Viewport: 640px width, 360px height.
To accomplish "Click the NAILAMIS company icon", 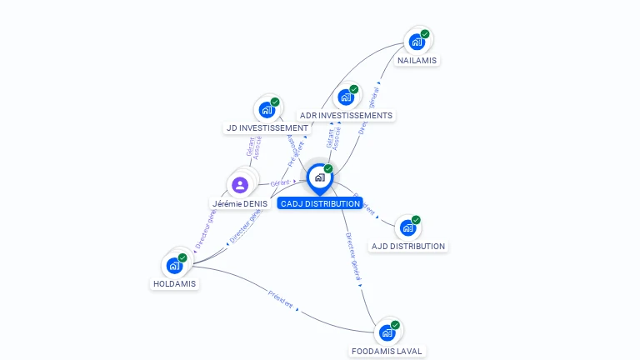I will point(417,42).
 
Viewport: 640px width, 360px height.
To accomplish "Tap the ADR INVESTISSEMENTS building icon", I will point(346,97).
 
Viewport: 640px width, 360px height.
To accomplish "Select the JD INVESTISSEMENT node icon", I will point(267,109).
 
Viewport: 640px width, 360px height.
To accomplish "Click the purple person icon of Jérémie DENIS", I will point(240,184).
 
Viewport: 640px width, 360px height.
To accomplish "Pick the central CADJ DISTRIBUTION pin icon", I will point(319,177).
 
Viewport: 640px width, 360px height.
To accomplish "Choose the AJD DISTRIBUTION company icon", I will point(407,227).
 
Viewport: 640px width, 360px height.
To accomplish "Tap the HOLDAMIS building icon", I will point(174,265).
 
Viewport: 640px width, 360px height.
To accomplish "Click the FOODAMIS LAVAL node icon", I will point(387,332).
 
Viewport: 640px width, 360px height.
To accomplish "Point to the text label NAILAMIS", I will point(417,60).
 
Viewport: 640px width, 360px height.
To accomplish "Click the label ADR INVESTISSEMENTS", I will point(346,115).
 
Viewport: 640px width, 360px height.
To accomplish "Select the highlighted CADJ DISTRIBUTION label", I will point(320,203).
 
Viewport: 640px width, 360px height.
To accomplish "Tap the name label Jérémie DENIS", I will point(240,203).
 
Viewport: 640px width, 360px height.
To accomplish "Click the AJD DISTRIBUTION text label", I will point(408,246).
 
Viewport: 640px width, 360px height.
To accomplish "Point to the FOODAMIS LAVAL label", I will point(387,351).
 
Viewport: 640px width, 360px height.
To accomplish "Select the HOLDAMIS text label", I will point(175,283).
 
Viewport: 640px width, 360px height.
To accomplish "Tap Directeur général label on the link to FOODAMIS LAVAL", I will point(354,255).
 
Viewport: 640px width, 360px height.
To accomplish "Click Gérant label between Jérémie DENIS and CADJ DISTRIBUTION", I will point(280,182).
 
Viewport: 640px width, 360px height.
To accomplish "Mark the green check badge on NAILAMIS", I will point(425,34).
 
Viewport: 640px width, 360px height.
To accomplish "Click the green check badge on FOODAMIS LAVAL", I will point(395,325).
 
